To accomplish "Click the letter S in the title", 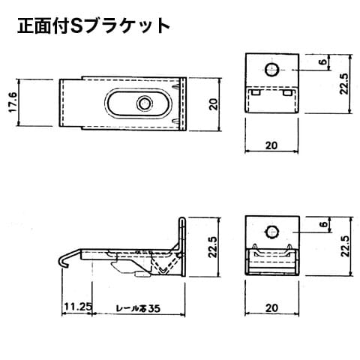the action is (76, 26).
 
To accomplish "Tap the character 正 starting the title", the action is (25, 26).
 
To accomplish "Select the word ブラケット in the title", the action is (127, 26).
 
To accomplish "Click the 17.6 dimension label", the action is (13, 102).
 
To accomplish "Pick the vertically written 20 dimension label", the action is (214, 104).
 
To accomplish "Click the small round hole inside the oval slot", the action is (144, 103).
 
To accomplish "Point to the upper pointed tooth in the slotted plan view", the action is (176, 87).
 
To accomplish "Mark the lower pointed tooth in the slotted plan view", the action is (176, 121).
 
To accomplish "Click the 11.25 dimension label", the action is (78, 307).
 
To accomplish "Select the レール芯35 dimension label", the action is (138, 308).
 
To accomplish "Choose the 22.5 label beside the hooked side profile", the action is (214, 247).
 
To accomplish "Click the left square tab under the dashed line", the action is (256, 92).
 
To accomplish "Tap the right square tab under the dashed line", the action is (287, 92).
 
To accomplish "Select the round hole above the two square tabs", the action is (272, 69).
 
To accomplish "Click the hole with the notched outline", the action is (271, 232).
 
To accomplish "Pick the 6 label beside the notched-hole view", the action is (324, 224).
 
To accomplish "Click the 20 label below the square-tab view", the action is (271, 308).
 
